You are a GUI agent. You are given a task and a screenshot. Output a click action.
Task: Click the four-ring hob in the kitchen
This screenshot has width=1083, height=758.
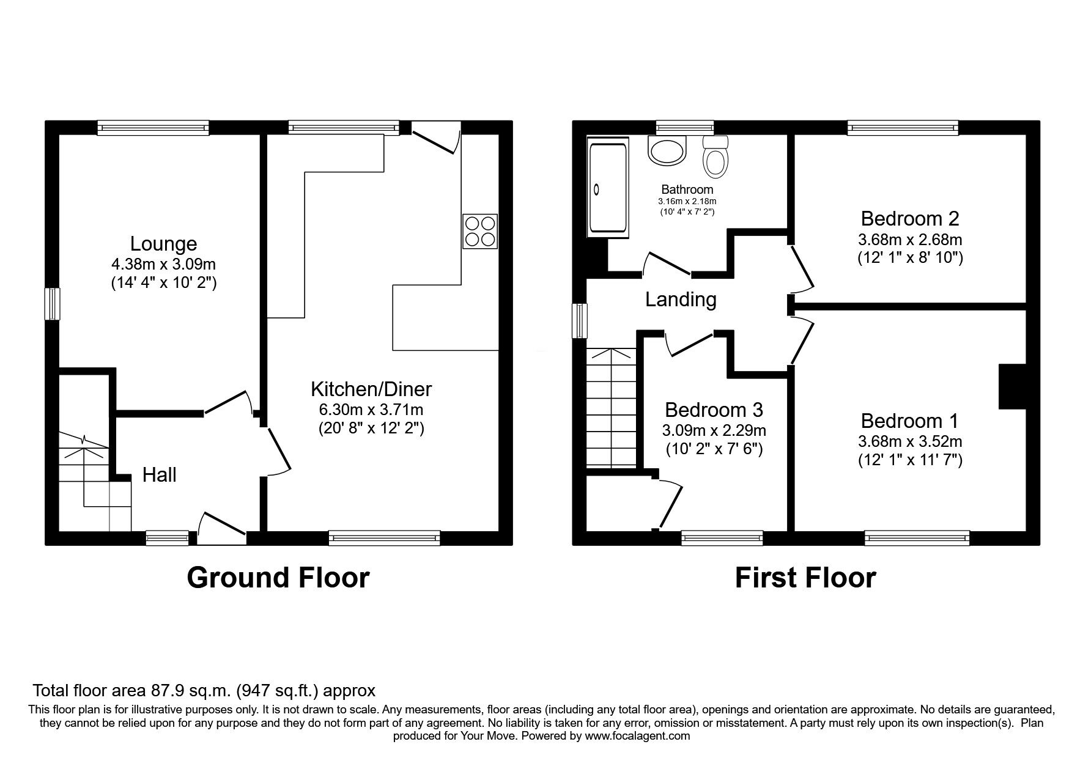pyautogui.click(x=480, y=231)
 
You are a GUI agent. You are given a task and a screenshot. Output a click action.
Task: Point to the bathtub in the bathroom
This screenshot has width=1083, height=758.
pyautogui.click(x=607, y=188)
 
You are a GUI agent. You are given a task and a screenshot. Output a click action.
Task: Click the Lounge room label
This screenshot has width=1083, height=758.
pyautogui.click(x=163, y=244)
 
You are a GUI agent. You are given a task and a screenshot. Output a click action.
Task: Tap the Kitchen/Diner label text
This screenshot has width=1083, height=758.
pyautogui.click(x=371, y=389)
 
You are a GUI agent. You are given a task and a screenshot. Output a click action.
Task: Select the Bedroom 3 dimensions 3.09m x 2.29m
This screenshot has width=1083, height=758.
pyautogui.click(x=714, y=431)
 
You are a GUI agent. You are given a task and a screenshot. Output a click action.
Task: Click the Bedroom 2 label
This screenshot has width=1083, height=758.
pyautogui.click(x=909, y=218)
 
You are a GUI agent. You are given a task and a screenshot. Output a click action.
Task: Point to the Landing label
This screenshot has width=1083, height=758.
pyautogui.click(x=681, y=300)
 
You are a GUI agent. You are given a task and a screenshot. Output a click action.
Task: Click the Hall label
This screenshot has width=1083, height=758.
pyautogui.click(x=159, y=475)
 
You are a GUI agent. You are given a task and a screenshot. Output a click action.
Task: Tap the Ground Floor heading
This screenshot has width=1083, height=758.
pyautogui.click(x=278, y=578)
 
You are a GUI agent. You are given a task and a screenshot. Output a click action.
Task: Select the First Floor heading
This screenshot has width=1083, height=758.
pyautogui.click(x=805, y=578)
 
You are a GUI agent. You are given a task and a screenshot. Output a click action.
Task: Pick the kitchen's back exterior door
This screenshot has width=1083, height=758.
pyautogui.click(x=435, y=138)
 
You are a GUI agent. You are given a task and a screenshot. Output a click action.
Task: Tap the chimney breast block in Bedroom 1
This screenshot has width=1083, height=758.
pyautogui.click(x=1012, y=386)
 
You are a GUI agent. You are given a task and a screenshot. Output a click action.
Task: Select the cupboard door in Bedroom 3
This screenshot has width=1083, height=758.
pyautogui.click(x=670, y=505)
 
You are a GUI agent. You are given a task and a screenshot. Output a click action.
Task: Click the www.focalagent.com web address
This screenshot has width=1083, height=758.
pyautogui.click(x=637, y=736)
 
